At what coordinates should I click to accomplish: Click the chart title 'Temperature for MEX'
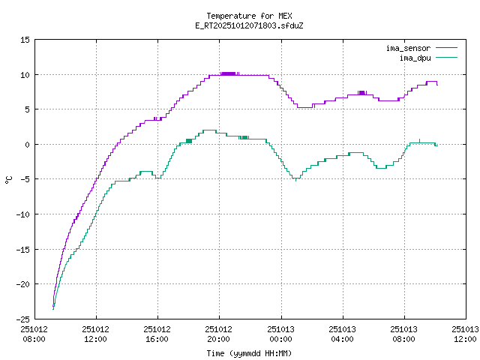[x=239, y=16]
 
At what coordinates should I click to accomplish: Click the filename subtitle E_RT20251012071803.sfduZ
[x=239, y=25]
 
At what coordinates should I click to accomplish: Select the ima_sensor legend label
[x=408, y=48]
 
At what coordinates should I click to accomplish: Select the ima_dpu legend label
[x=415, y=57]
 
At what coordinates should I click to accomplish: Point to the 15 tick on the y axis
[x=25, y=40]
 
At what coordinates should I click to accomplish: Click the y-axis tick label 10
[x=25, y=75]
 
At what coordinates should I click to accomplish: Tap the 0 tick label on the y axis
[x=28, y=145]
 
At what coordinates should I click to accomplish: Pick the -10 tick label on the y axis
[x=23, y=214]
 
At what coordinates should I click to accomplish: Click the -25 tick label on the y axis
[x=23, y=319]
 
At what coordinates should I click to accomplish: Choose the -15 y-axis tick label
[x=23, y=249]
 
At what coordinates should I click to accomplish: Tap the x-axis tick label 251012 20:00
[x=219, y=334]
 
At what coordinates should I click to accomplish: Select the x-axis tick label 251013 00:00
[x=280, y=334]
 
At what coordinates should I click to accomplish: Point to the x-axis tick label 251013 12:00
[x=466, y=334]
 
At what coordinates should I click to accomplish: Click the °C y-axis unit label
[x=9, y=179]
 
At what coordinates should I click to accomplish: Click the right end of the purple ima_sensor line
[x=437, y=85]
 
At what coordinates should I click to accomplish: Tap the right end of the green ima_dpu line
[x=436, y=145]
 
